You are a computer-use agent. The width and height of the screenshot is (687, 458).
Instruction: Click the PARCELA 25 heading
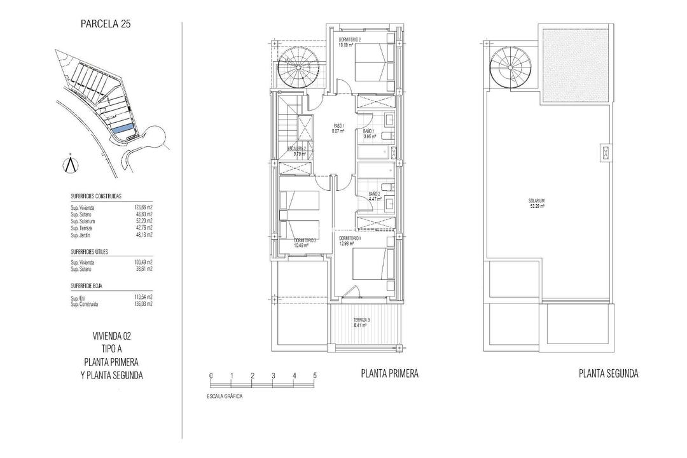106,25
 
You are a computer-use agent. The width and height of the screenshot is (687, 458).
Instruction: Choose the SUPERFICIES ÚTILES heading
89,252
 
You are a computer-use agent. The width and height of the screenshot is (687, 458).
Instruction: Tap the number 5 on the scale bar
315,375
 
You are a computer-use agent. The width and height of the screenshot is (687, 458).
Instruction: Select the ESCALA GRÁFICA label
225,396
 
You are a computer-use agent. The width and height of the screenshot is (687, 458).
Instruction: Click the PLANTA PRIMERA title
390,374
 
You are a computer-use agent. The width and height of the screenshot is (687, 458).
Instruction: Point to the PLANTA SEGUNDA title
608,374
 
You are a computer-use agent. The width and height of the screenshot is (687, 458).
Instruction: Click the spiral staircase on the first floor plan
295,69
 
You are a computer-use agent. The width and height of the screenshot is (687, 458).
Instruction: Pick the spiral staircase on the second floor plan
509,66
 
